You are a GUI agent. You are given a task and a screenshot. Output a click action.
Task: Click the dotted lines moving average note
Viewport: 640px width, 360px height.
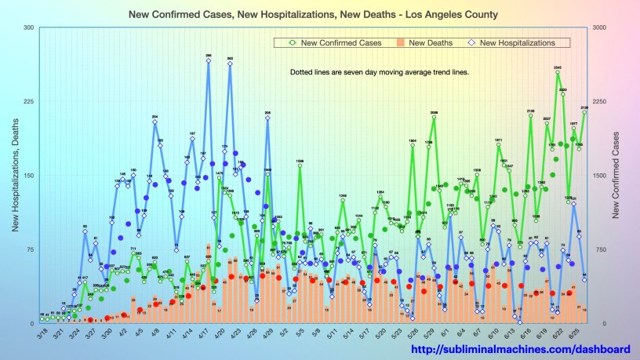(380, 72)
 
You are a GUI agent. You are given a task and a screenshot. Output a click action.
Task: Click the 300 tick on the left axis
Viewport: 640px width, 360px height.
(27, 27)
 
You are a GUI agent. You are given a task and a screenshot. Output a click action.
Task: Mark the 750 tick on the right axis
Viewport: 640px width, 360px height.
(602, 249)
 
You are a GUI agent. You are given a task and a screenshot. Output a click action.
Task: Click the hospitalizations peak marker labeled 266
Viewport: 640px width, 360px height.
(209, 61)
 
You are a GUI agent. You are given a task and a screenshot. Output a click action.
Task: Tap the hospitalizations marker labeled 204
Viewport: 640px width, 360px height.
(155, 122)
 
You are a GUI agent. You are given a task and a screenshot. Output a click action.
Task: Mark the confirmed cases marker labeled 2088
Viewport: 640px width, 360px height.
(434, 118)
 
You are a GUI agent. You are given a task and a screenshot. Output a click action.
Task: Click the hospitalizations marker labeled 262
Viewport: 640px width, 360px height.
(230, 64)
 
